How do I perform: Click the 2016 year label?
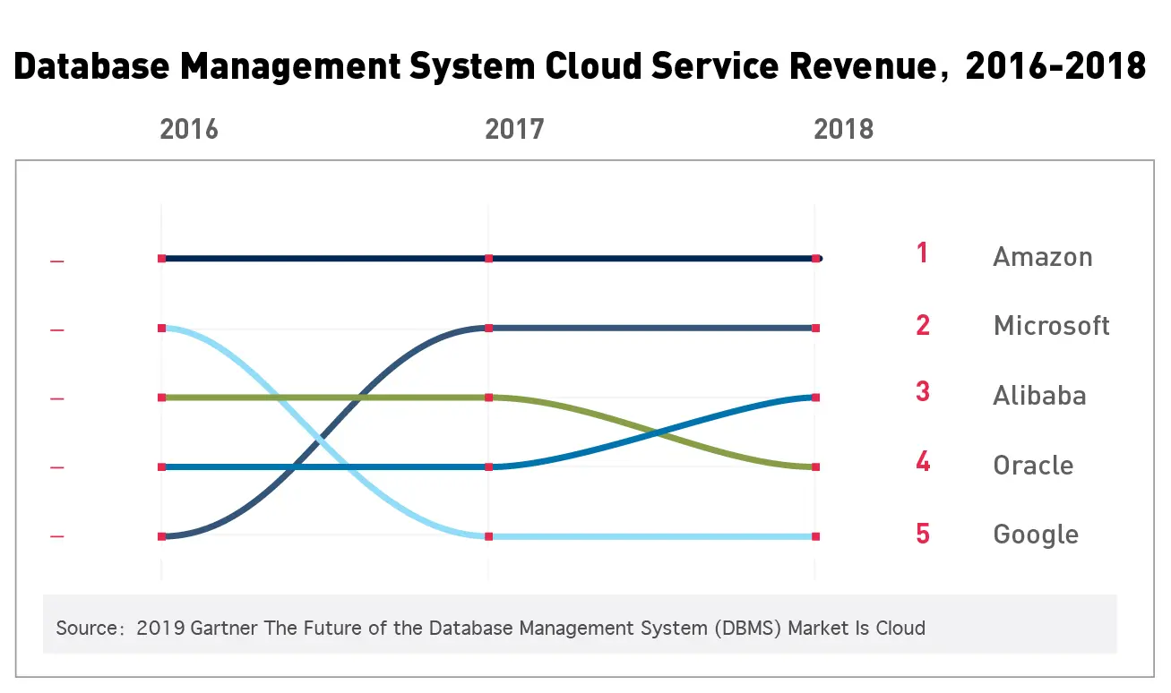[x=189, y=130]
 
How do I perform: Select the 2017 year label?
[x=514, y=130]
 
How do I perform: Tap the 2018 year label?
[x=843, y=130]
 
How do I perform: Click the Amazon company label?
[x=1042, y=258]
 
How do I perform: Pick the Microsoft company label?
[x=1051, y=326]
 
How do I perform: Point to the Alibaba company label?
[x=1039, y=396]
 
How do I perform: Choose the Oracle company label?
[x=1033, y=466]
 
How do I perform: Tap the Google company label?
[x=1036, y=535]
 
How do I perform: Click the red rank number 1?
[x=922, y=253]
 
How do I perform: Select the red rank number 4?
[x=923, y=463]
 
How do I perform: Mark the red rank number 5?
[x=923, y=534]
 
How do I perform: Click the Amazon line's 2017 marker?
[x=488, y=259]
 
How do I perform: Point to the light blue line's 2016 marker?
[x=162, y=329]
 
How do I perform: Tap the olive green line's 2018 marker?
[x=815, y=467]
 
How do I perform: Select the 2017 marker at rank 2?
[x=488, y=329]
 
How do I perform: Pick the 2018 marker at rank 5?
[x=815, y=537]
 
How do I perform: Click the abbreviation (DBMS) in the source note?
[x=753, y=628]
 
